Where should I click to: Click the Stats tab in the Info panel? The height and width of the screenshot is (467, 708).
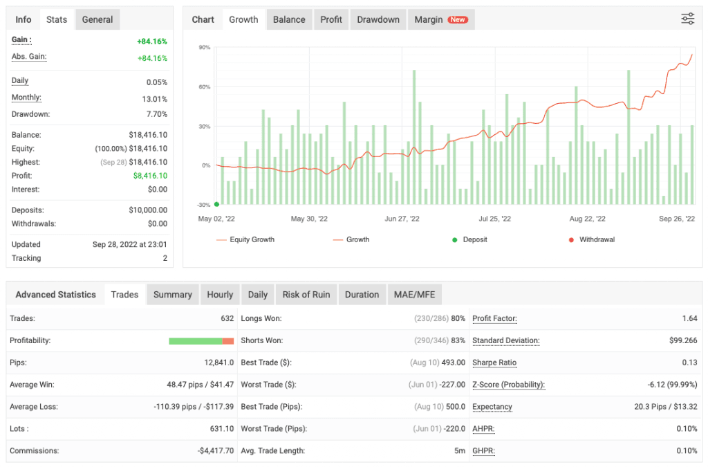coord(57,19)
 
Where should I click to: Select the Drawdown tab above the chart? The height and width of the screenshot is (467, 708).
coord(378,19)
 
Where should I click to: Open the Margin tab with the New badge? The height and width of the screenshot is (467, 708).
coord(440,19)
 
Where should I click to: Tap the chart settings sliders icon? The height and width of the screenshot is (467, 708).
coord(687,19)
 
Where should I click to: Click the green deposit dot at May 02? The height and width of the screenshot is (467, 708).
coord(216,204)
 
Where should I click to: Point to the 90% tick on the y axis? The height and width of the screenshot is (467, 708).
coord(204,48)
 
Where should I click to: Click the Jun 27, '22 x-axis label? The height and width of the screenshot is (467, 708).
coord(402,219)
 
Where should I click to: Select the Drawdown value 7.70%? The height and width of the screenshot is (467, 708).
coord(156,114)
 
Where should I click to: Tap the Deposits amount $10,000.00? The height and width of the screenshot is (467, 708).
coord(148,210)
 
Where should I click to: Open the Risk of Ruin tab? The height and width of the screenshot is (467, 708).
coord(306,295)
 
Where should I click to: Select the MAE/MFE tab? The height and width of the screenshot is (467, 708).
coord(414,295)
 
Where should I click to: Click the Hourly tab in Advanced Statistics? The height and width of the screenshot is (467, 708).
coord(220,295)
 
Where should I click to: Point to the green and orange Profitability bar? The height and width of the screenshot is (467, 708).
coord(201,341)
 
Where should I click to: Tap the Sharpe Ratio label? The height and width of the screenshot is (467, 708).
coord(494,363)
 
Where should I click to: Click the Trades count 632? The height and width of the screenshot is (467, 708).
coord(227,318)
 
